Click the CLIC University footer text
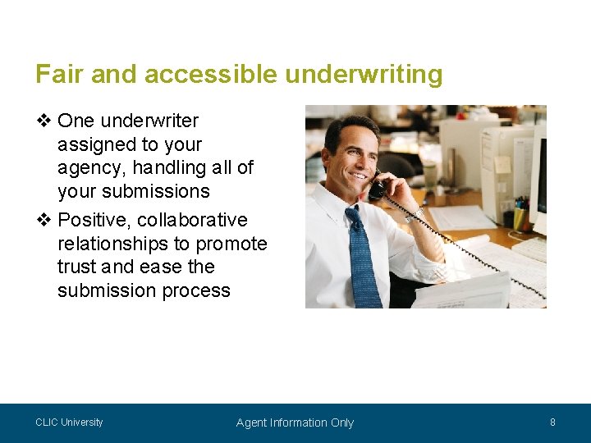click(x=69, y=422)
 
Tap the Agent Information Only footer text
click(x=295, y=423)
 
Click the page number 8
click(x=552, y=422)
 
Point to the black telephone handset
click(x=378, y=188)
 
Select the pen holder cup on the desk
click(x=520, y=217)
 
